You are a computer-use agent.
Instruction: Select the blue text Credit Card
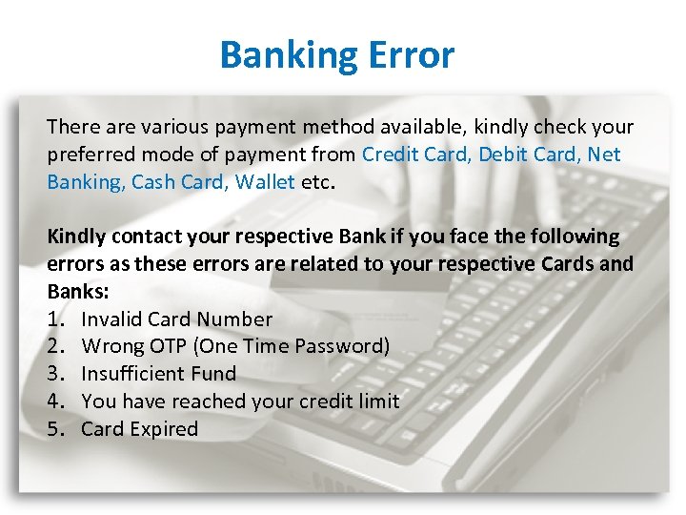(x=416, y=154)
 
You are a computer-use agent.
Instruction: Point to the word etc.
(x=318, y=181)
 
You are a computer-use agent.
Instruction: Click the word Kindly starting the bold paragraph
(x=77, y=237)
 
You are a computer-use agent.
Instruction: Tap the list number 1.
(x=54, y=319)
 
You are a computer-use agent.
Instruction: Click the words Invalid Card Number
(x=177, y=319)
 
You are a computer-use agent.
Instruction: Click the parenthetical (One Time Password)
(x=290, y=346)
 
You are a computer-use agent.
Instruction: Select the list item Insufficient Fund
(x=159, y=374)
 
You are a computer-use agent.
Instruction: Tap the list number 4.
(x=54, y=401)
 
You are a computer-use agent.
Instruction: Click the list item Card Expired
(x=140, y=428)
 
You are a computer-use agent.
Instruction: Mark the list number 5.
(x=54, y=428)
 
